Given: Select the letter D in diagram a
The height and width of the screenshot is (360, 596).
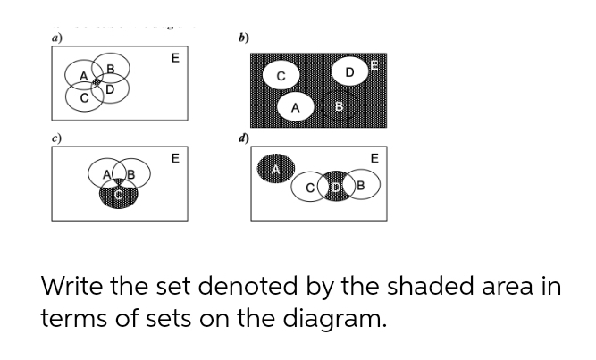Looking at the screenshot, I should point(110,88).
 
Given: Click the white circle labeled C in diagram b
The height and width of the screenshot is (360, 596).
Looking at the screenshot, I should point(280,76).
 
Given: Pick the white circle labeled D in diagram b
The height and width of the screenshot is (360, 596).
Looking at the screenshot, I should point(350,70).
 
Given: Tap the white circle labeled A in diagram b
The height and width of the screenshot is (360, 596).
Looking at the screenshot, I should point(295,107).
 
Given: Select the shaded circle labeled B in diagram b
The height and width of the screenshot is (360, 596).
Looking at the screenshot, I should point(339,108).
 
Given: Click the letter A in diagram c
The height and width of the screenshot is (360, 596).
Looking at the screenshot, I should point(106,173).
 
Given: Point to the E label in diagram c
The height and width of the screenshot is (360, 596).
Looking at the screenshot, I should point(175,158).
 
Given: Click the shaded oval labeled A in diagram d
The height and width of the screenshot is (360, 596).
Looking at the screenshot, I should point(276,169).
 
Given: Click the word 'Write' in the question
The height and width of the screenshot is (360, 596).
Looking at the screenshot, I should point(77,289).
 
